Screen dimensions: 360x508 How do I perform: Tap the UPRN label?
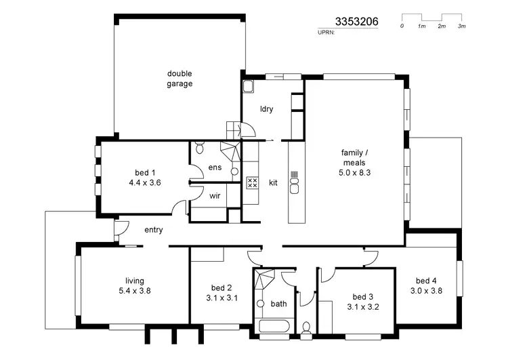point(326,32)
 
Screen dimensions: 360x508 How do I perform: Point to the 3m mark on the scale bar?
point(462,26)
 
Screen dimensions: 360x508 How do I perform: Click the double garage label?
point(180,79)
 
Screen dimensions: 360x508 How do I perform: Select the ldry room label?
point(267,108)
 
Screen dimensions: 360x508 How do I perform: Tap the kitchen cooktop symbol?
point(253,182)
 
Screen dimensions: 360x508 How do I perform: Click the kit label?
point(273,183)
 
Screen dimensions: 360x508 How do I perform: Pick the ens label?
point(215,167)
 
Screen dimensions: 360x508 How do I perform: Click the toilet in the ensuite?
point(200,147)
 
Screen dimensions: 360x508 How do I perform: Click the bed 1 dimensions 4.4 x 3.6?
point(144,182)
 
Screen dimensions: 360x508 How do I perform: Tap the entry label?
point(154,230)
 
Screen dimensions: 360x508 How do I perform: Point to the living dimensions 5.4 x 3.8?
point(134,290)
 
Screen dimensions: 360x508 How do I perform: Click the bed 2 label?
point(221,287)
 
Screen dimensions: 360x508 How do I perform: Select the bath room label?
point(278,304)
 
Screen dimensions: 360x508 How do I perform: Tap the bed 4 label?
point(426,281)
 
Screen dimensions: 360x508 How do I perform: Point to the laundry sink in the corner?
point(248,87)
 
